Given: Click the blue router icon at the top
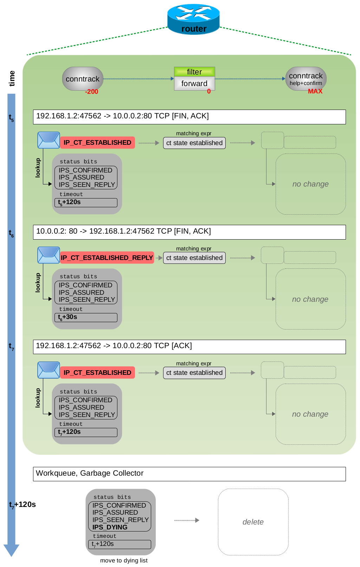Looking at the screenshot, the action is click(193, 19).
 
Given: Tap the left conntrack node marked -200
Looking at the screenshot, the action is click(83, 79).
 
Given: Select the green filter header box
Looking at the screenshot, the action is click(194, 72).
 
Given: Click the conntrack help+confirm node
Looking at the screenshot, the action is click(306, 79).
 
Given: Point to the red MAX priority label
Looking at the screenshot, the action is click(315, 91).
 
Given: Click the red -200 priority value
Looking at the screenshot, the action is click(91, 92).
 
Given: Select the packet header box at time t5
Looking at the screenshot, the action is click(189, 117).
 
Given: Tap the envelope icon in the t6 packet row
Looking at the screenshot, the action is click(49, 255).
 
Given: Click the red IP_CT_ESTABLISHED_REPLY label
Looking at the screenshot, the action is click(107, 258).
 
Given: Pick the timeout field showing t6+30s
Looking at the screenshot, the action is click(86, 318).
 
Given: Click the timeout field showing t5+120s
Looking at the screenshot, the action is click(86, 202).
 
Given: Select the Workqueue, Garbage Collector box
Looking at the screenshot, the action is click(189, 474).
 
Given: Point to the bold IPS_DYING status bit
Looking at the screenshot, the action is click(110, 527).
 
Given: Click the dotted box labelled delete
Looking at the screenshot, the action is click(253, 522).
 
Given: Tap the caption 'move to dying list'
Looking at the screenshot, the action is click(124, 560).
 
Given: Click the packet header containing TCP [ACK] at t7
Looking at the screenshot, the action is click(189, 347).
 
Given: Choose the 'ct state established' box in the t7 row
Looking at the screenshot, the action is click(194, 373).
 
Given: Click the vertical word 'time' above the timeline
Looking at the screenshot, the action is click(12, 78).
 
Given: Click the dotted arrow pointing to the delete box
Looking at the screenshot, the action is click(187, 520).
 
